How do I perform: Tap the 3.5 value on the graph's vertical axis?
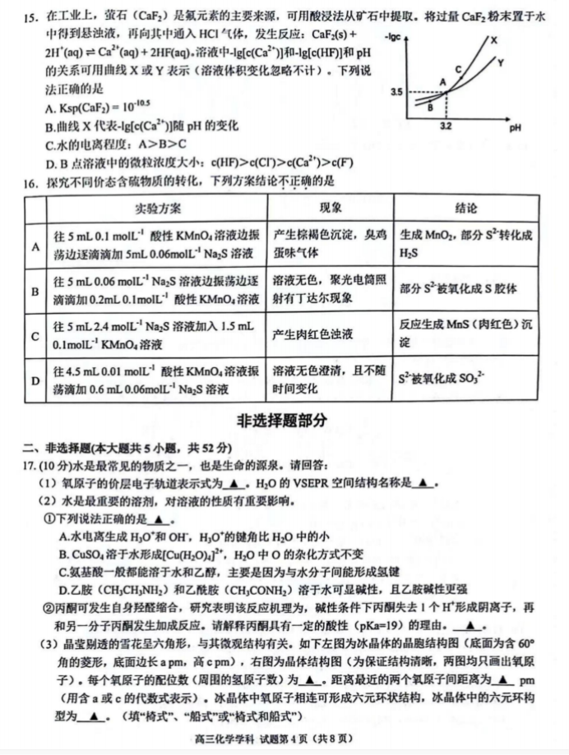click(397, 92)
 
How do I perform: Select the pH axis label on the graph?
click(516, 129)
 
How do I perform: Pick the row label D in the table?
click(35, 380)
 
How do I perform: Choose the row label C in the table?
click(35, 335)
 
